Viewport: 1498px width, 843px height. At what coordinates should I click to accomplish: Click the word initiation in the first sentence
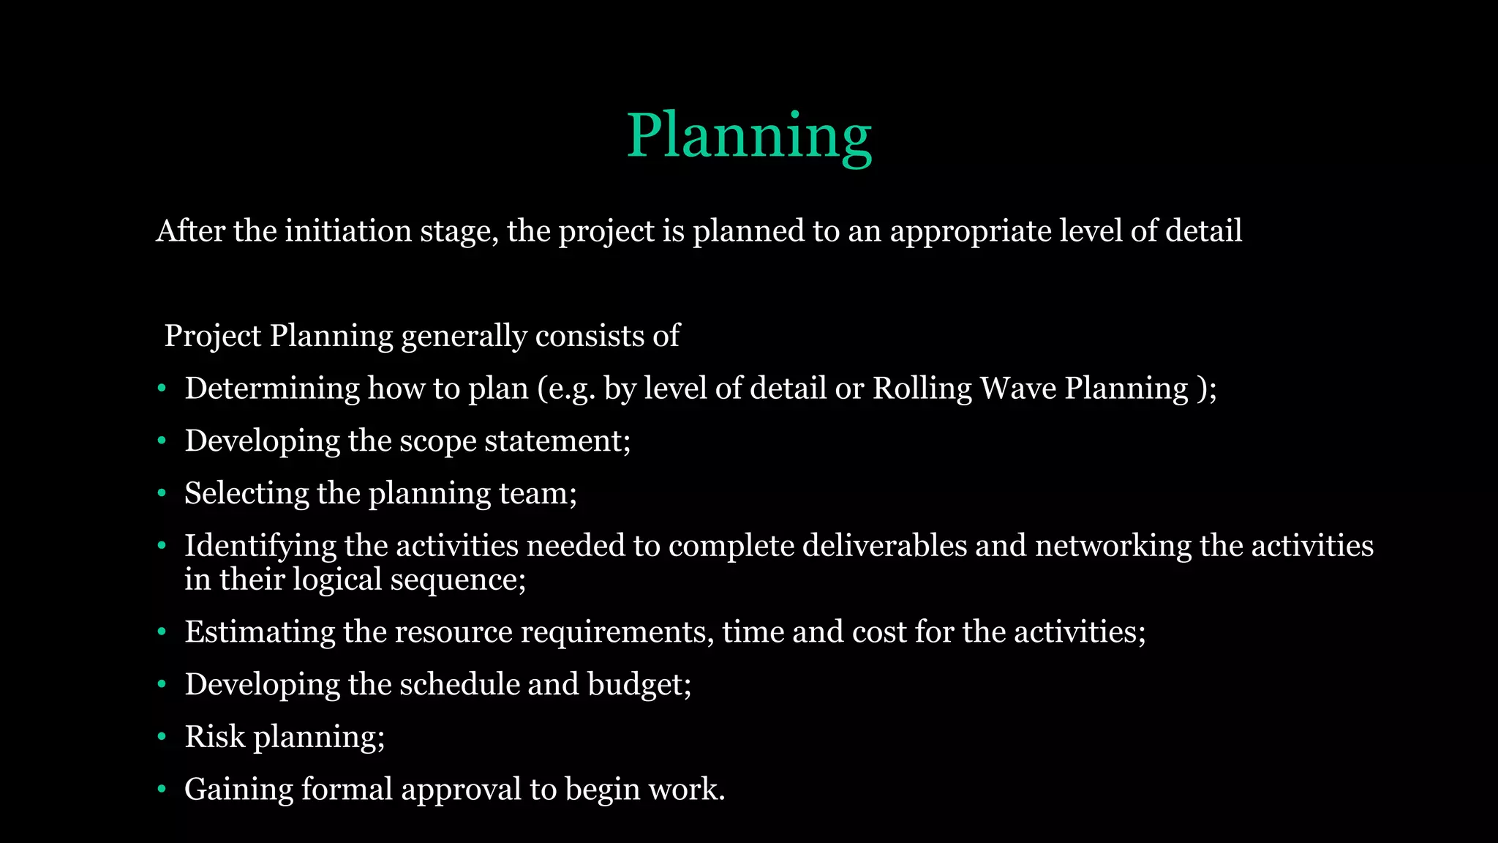pyautogui.click(x=348, y=231)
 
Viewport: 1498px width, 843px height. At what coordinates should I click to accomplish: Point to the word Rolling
pyautogui.click(x=922, y=389)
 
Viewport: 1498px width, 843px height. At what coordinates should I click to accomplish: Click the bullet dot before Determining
pyautogui.click(x=162, y=389)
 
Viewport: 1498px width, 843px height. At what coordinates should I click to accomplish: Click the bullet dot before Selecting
pyautogui.click(x=162, y=494)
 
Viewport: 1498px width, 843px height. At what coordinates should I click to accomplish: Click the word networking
pyautogui.click(x=1113, y=546)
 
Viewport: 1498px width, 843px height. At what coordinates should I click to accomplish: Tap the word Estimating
pyautogui.click(x=260, y=632)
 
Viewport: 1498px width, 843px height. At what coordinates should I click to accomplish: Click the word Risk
pyautogui.click(x=214, y=737)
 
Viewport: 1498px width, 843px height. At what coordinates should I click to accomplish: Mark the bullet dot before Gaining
pyautogui.click(x=162, y=790)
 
